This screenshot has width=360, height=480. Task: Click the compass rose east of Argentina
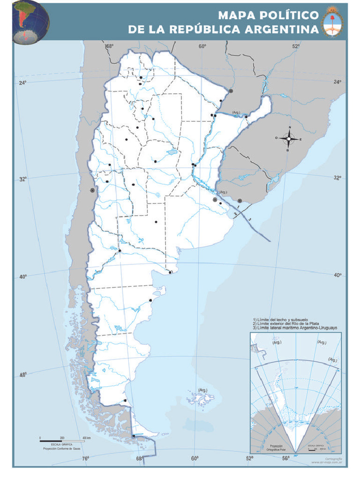pos(289,138)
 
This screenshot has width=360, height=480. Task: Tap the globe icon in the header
pos(30,22)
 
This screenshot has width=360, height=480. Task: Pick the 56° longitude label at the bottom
pos(285,458)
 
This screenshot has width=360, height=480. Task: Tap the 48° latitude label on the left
pos(22,374)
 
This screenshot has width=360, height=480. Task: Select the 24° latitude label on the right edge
pos(337,82)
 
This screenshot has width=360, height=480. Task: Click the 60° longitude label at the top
pos(202,46)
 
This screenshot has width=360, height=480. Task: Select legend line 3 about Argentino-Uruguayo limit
pos(295,328)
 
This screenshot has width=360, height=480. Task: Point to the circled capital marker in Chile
pos(92,190)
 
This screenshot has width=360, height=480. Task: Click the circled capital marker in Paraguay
pos(230,90)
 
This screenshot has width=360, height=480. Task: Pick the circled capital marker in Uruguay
pos(240,200)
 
